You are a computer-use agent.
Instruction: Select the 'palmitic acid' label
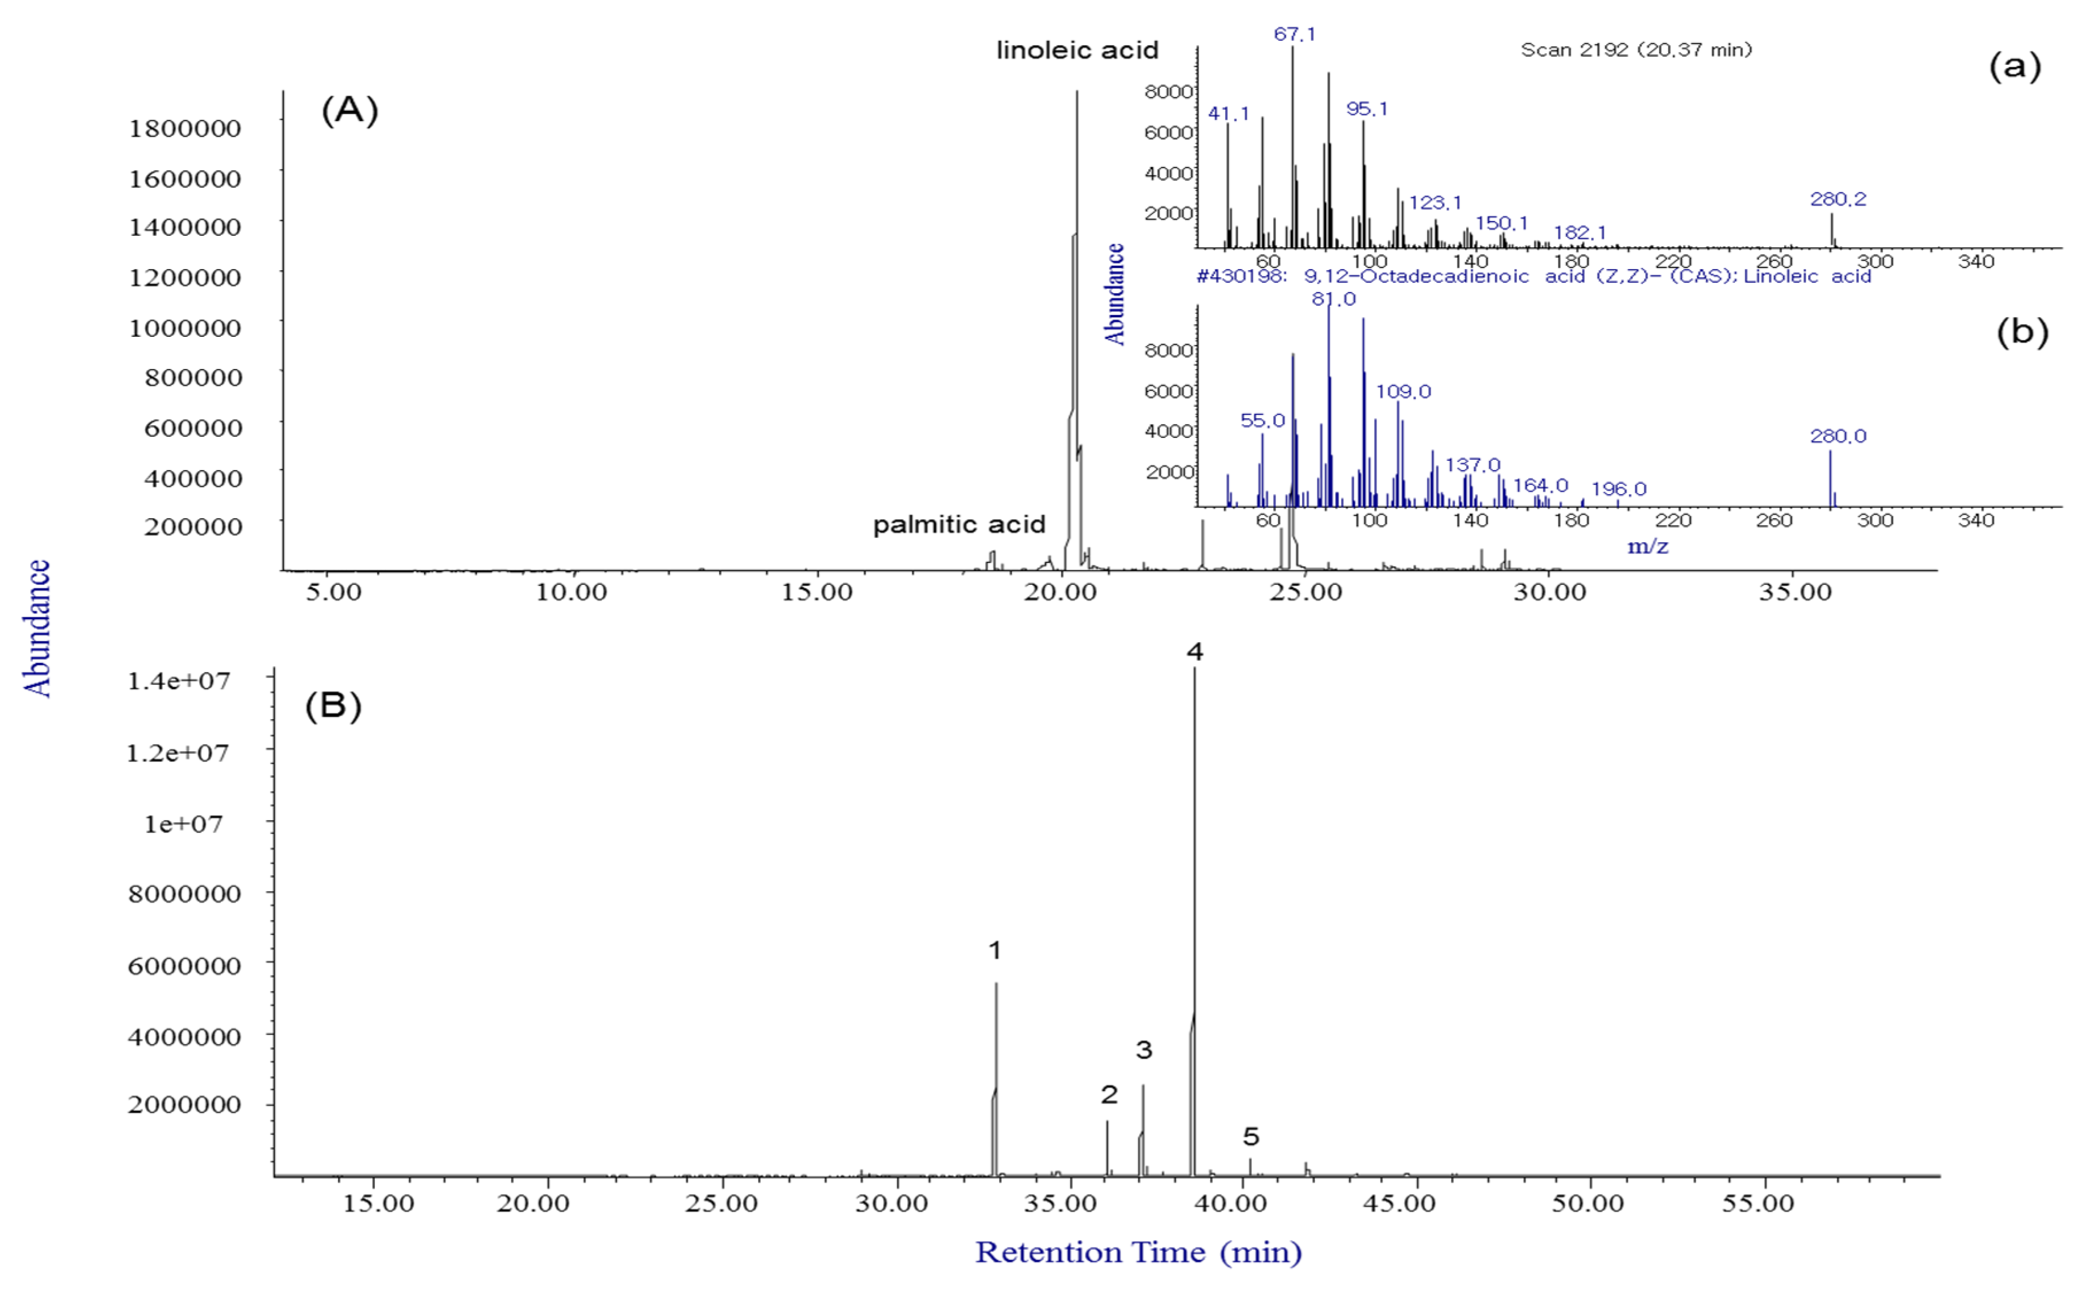point(959,524)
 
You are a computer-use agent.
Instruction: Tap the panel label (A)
point(349,110)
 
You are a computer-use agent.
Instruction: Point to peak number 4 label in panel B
point(1194,652)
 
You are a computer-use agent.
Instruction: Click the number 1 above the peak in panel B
point(995,950)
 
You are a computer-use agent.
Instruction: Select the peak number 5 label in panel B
point(1251,1136)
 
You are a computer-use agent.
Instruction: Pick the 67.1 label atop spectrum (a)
point(1294,34)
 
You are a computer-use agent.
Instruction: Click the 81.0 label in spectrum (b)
point(1334,298)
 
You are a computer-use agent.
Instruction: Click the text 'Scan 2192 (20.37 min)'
point(1637,49)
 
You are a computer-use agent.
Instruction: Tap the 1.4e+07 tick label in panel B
point(178,681)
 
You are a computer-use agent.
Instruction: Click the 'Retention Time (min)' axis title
point(1138,1252)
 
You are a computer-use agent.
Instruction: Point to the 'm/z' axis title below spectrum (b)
point(1647,546)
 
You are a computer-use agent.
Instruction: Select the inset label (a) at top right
point(2015,65)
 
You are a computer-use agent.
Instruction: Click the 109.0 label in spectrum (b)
point(1404,391)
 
